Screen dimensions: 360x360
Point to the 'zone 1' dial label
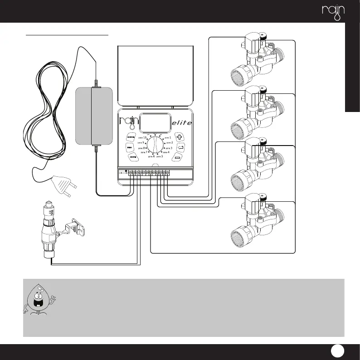point(167,137)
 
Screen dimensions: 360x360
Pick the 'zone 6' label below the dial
point(151,156)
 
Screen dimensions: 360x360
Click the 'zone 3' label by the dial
point(168,148)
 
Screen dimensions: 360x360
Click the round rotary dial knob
point(154,146)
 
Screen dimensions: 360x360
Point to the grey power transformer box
point(93,116)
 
